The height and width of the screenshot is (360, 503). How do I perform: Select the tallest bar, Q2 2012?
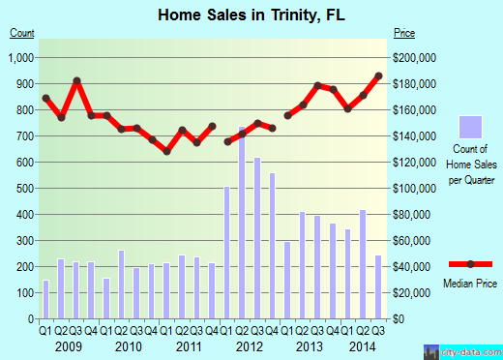(242, 222)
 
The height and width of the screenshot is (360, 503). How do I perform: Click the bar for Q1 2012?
(227, 252)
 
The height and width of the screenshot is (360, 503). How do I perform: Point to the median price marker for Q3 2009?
(76, 80)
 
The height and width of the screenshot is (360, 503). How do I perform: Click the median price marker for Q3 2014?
(378, 76)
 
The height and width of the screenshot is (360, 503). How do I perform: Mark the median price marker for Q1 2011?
(166, 151)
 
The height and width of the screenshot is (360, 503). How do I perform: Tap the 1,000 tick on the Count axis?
(20, 58)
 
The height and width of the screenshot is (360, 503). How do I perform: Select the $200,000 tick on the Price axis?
(415, 58)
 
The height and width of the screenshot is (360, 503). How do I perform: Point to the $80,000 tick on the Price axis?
(413, 214)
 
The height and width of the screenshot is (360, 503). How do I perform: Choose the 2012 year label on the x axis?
(250, 345)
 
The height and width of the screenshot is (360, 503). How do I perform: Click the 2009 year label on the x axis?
(69, 345)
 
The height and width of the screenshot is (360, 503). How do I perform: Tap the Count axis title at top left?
(22, 33)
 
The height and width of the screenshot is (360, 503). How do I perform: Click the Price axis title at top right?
(403, 33)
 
